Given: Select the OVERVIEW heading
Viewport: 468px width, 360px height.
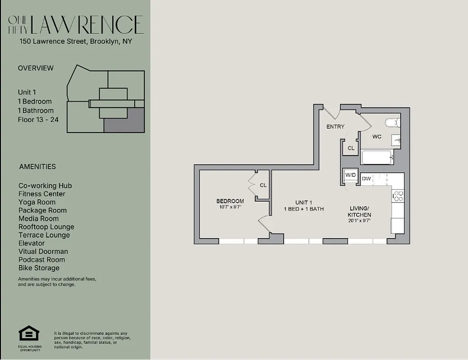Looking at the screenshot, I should coord(36,68).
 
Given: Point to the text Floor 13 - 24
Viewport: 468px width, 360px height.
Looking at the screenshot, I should coord(38,120).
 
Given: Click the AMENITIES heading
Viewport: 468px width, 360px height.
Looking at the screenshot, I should coord(37,166).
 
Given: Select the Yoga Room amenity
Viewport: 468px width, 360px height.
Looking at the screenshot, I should coord(37,202).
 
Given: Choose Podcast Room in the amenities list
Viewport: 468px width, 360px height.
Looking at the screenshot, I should coord(41,260).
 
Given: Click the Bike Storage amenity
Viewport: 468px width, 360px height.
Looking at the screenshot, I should coord(39,268).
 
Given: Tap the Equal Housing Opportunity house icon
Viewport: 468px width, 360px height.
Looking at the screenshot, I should coord(29,334).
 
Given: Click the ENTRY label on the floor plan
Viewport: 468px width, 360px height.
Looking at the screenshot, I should coord(335,127).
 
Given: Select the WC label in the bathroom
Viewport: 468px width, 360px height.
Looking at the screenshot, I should coord(377,136).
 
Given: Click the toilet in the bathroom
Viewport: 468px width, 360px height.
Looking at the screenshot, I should coord(392,122).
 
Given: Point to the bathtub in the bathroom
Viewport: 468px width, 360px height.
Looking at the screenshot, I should coord(377,157).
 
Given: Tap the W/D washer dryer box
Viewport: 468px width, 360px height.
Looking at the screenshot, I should coord(350,175).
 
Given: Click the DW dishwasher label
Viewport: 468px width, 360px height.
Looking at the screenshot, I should coord(366,179).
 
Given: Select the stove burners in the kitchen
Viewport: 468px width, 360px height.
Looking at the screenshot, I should coord(398,195).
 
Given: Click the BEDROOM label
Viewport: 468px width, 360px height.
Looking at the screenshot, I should coord(230,201).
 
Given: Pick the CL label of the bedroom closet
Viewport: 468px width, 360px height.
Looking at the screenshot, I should coord(263,185).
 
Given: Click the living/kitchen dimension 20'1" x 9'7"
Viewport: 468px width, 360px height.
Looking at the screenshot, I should coord(360,220).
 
